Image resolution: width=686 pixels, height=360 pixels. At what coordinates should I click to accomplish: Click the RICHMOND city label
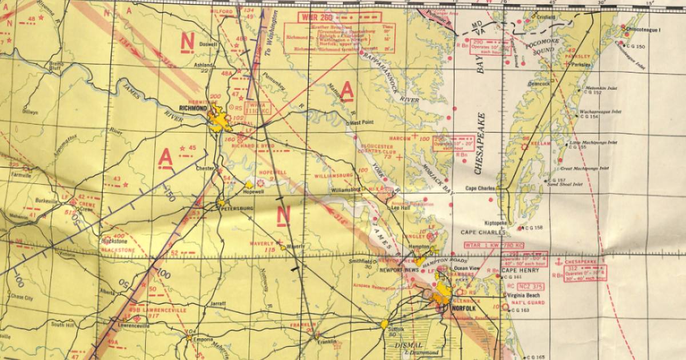pyautogui.click(x=193, y=107)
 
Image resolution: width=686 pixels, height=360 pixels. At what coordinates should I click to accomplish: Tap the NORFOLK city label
pyautogui.click(x=464, y=308)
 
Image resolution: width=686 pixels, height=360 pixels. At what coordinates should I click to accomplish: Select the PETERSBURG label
pyautogui.click(x=237, y=209)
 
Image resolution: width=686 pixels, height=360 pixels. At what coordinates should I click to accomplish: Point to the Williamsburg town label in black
pyautogui.click(x=345, y=189)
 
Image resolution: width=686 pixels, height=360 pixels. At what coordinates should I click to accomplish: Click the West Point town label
pyautogui.click(x=361, y=122)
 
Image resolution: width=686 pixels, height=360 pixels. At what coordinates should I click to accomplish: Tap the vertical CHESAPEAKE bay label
pyautogui.click(x=481, y=143)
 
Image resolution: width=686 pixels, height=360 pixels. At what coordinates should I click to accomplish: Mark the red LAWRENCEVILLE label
pyautogui.click(x=165, y=310)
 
